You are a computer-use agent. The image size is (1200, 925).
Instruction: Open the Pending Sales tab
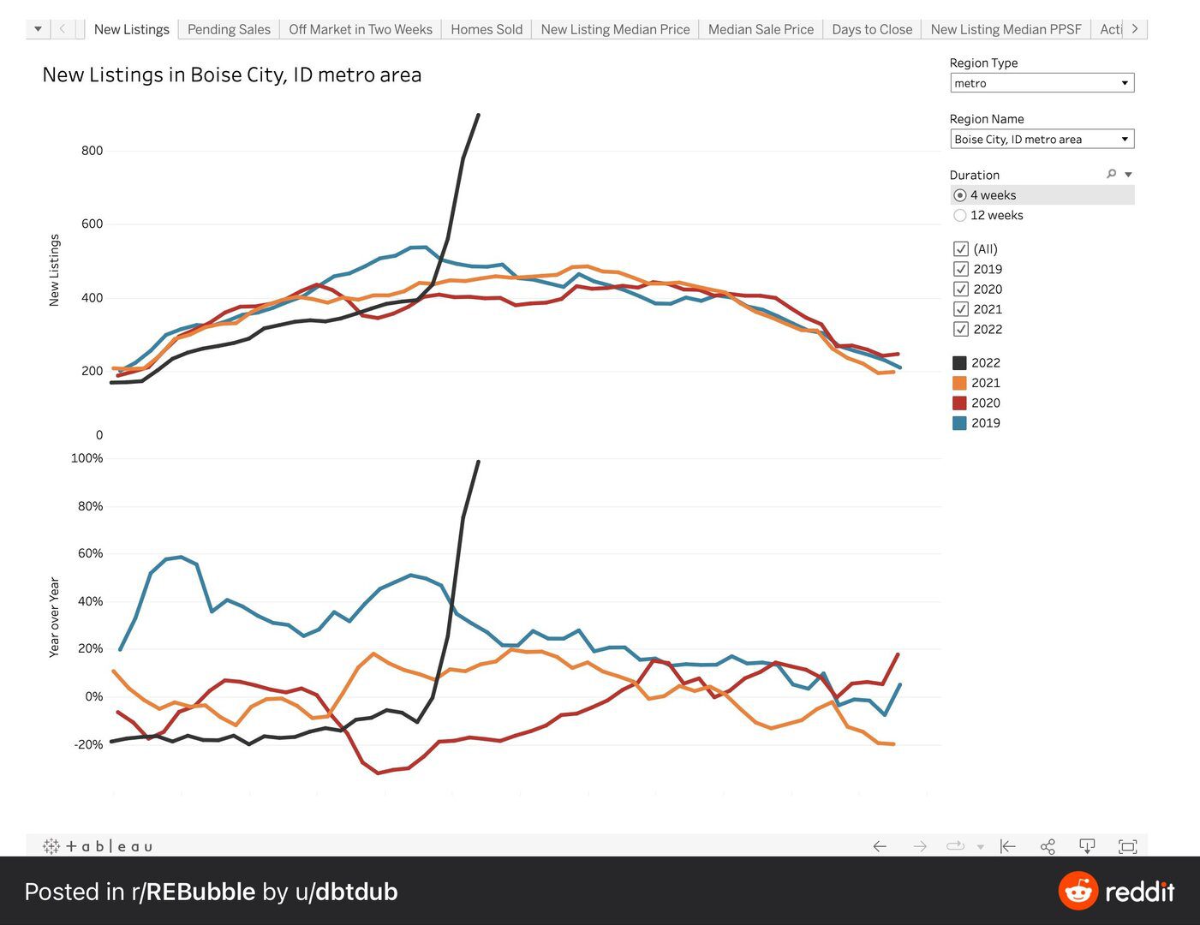[229, 29]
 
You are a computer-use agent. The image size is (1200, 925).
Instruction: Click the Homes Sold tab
[486, 29]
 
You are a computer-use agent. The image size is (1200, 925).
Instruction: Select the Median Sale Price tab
[761, 29]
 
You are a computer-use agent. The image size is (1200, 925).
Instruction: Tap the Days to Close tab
[872, 29]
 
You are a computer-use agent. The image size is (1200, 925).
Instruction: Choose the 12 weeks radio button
[960, 215]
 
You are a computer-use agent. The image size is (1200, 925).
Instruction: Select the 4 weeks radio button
[960, 195]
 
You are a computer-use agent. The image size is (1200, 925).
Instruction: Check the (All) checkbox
[961, 249]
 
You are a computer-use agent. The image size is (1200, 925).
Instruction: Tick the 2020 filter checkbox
[961, 289]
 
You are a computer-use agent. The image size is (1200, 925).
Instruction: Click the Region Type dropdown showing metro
[1042, 83]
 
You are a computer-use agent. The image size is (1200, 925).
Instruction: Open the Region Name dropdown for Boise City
[1042, 139]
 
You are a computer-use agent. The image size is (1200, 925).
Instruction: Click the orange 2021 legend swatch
[959, 383]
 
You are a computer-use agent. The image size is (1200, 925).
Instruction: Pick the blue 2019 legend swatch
[959, 423]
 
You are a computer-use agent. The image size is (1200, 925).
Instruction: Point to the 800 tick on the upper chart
[93, 151]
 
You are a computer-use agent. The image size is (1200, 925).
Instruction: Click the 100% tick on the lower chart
[87, 458]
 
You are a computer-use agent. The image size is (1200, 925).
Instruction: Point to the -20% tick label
[88, 744]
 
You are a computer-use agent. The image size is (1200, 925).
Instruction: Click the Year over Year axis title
[54, 618]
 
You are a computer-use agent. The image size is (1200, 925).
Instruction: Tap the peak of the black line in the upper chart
[478, 115]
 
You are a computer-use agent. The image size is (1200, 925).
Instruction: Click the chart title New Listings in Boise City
[232, 75]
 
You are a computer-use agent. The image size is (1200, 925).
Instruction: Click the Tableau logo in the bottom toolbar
[98, 846]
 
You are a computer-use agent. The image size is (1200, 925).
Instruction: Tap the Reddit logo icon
[1078, 892]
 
